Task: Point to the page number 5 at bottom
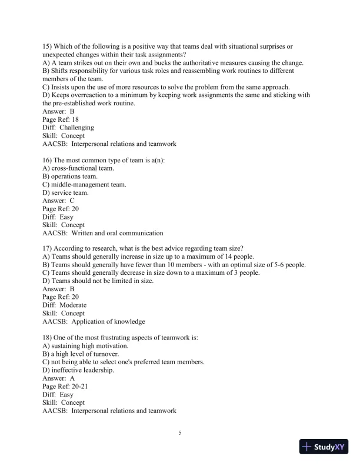(x=180, y=434)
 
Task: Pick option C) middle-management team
(x=84, y=184)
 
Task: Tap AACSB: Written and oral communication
(x=103, y=232)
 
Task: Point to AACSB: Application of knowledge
(x=94, y=322)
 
